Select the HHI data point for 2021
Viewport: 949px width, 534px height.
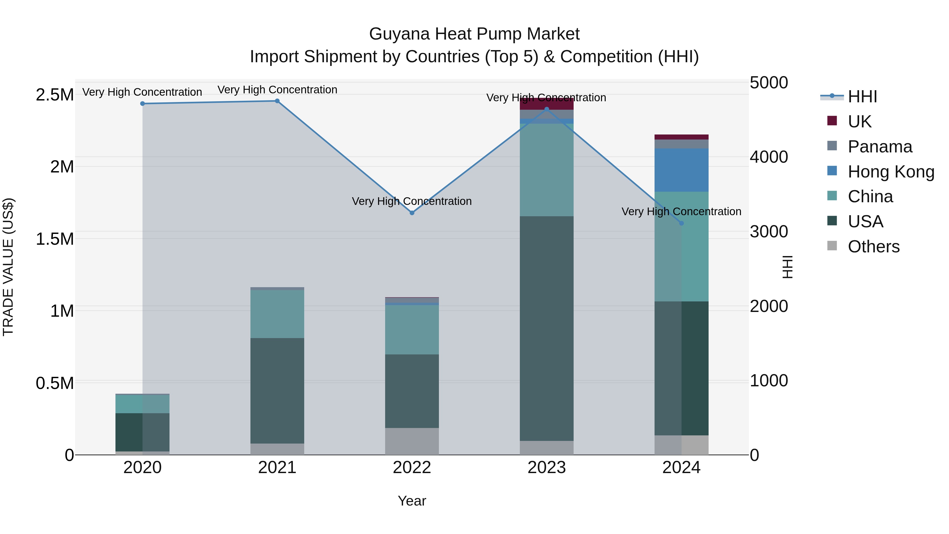tap(277, 101)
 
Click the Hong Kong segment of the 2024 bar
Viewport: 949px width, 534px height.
tap(681, 170)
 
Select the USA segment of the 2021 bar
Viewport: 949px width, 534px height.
tap(277, 391)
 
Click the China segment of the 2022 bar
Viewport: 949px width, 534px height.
tap(412, 330)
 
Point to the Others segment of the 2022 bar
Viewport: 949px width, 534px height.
tap(412, 441)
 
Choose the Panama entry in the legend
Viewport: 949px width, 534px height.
tap(880, 147)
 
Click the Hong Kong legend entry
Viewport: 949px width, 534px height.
tap(891, 172)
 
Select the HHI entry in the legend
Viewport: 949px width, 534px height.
tap(862, 97)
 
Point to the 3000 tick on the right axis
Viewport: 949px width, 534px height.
tap(769, 232)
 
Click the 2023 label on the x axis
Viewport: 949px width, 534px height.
tap(547, 468)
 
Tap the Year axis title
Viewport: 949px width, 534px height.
tap(412, 501)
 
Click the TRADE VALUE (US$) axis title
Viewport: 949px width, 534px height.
tap(8, 267)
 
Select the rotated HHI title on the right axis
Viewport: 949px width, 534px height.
tap(787, 267)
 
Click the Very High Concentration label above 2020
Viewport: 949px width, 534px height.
tap(142, 92)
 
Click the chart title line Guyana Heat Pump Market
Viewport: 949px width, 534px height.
tap(474, 34)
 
